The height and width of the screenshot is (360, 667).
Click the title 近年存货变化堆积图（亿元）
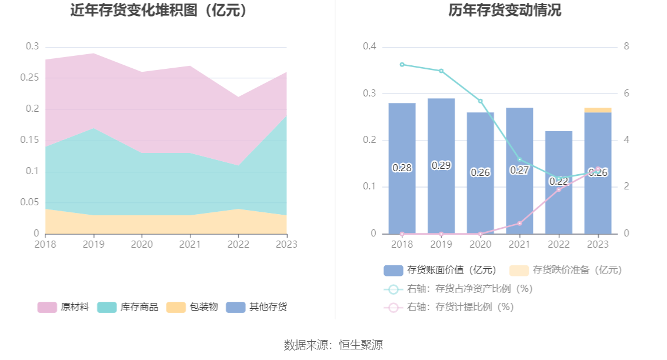[159, 11]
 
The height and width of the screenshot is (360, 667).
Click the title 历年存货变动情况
[504, 11]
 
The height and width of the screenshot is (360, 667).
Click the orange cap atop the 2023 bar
[598, 110]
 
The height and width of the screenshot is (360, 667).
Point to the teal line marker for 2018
[402, 65]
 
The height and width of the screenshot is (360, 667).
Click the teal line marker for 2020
[481, 101]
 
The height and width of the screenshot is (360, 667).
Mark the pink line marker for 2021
[519, 224]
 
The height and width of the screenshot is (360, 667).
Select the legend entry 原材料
[64, 307]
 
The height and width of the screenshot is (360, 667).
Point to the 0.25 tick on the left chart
[33, 78]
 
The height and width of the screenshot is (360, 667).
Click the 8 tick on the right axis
[626, 47]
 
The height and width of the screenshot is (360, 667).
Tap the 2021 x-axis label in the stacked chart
[189, 244]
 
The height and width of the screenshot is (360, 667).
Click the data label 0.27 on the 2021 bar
[519, 170]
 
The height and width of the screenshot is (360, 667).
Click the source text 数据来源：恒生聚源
[333, 345]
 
